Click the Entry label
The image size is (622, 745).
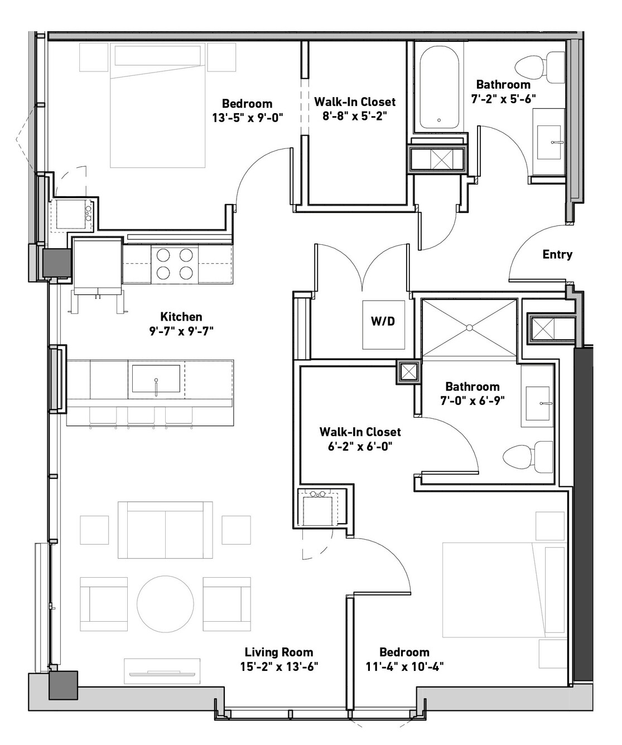557,254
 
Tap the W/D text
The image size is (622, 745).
383,322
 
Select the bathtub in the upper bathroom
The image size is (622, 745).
439,88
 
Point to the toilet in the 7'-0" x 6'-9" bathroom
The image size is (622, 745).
528,457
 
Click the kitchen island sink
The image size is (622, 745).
156,379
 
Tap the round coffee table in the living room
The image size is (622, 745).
165,604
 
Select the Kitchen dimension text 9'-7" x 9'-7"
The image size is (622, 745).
181,331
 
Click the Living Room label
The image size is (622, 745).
279,652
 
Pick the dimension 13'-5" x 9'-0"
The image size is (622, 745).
248,118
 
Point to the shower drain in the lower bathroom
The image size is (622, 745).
470,327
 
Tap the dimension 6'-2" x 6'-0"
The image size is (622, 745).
360,446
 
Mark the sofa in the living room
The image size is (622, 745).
165,530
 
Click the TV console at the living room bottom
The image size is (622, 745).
162,673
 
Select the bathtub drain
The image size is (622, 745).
439,120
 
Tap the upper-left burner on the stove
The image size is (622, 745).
163,255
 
